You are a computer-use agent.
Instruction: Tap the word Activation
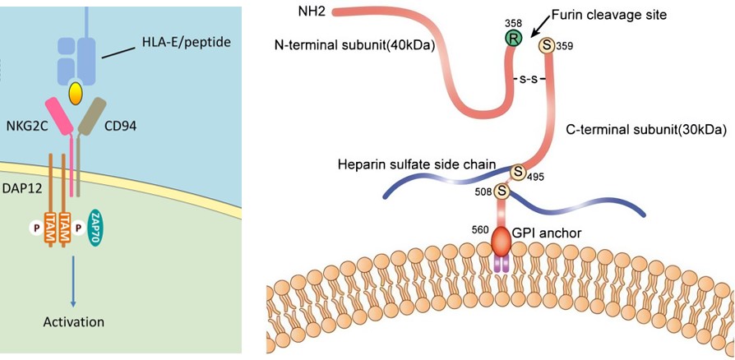click(73, 321)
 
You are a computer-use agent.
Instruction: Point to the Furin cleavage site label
click(608, 14)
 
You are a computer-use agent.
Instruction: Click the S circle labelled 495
click(519, 172)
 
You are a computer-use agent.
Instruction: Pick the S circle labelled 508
click(499, 192)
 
